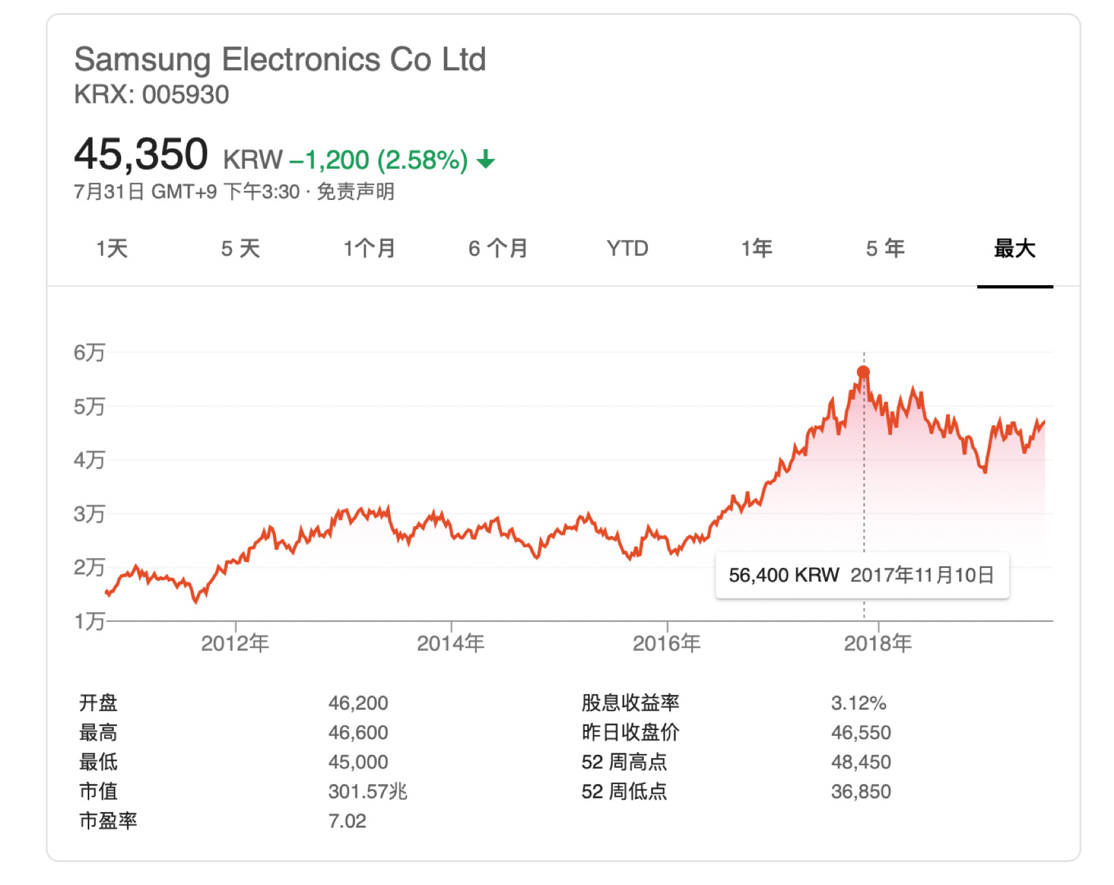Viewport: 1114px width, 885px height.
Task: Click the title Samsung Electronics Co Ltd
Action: click(280, 60)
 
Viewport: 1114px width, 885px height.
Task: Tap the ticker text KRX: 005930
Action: click(151, 95)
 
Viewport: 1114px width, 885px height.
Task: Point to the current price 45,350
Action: click(141, 155)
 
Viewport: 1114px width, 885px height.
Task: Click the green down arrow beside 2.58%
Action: click(486, 159)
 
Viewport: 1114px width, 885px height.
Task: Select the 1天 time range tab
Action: click(112, 248)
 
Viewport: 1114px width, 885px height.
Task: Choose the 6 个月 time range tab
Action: click(498, 248)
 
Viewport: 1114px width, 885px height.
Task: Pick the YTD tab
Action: click(627, 248)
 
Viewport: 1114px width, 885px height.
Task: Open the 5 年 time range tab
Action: click(885, 248)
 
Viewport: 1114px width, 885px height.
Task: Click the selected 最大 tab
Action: click(1014, 248)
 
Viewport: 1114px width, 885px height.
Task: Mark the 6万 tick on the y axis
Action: click(89, 352)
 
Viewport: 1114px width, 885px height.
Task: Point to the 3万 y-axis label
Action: click(89, 514)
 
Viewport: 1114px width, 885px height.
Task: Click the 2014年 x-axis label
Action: click(451, 643)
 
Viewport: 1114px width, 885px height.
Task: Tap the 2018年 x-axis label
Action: click(878, 643)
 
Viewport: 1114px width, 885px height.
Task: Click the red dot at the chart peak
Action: click(863, 372)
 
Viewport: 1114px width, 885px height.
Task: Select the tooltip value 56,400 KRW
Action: click(783, 575)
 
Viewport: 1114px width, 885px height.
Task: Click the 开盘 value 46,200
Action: click(358, 703)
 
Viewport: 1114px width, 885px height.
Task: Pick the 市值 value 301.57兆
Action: click(367, 791)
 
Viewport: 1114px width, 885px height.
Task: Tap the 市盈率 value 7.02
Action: click(347, 821)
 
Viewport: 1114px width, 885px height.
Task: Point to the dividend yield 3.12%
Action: click(858, 703)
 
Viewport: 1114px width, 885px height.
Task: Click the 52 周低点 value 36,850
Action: click(861, 791)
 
